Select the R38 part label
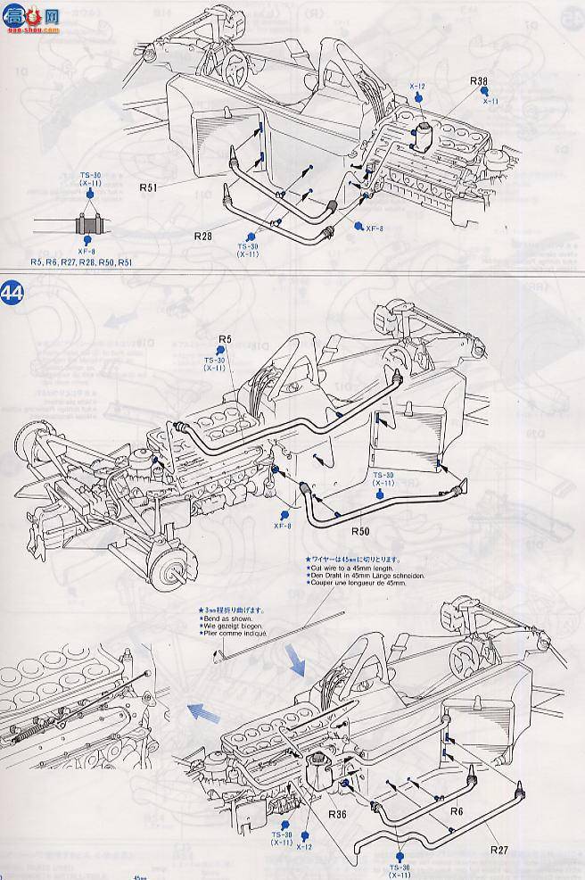[481, 82]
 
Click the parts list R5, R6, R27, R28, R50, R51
[80, 262]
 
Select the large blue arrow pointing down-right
[295, 665]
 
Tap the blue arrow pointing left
[204, 711]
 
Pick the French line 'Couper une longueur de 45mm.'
[350, 585]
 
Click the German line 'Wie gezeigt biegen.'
[234, 627]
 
